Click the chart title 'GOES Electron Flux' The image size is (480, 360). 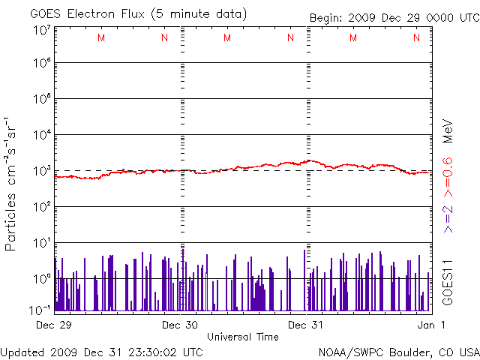87,14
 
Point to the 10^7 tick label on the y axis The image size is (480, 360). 43,30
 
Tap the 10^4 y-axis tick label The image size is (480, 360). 43,135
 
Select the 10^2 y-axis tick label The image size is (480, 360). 43,207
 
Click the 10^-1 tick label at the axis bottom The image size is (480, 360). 40,310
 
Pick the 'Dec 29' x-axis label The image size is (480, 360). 54,325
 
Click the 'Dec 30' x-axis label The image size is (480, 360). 180,325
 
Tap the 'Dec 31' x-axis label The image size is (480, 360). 305,325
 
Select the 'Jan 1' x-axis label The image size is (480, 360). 431,325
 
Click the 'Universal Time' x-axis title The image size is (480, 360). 243,337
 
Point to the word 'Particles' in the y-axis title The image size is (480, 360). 10,222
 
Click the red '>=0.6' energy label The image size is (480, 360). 448,177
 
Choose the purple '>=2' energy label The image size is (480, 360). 448,219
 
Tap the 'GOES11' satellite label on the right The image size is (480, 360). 448,283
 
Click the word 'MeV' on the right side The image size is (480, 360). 448,131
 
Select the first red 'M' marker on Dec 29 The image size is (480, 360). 101,37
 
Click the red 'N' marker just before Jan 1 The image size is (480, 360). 416,37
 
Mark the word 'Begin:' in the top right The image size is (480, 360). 325,18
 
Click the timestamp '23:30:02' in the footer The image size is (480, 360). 152,352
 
